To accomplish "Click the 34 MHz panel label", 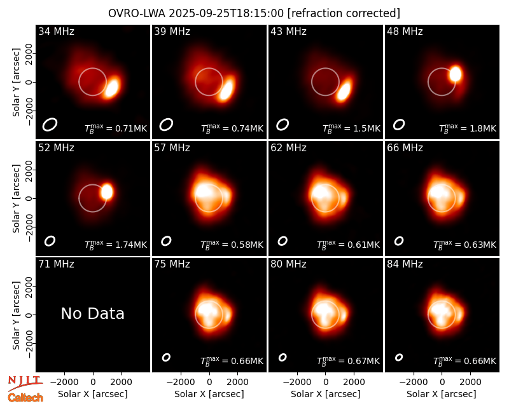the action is pyautogui.click(x=56, y=31).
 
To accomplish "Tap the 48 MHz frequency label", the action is pyautogui.click(x=405, y=31).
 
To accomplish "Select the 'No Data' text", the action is pyautogui.click(x=92, y=313).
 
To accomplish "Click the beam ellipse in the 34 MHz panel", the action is pyautogui.click(x=50, y=125).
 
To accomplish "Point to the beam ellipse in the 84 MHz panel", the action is pyautogui.click(x=399, y=357).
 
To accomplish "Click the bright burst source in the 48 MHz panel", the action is pyautogui.click(x=455, y=74).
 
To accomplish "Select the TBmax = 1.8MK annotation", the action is pyautogui.click(x=468, y=128).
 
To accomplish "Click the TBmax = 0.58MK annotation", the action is pyautogui.click(x=232, y=245).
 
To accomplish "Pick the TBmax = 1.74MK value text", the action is pyautogui.click(x=116, y=245).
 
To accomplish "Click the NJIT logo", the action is pyautogui.click(x=25, y=383).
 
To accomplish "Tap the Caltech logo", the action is pyautogui.click(x=25, y=398).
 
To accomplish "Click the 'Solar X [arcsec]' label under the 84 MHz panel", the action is pyautogui.click(x=442, y=394).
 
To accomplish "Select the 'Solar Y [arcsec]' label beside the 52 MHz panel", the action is pyautogui.click(x=16, y=198).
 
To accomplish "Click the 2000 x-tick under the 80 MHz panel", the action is pyautogui.click(x=354, y=382).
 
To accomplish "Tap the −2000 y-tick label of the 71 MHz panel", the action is pyautogui.click(x=29, y=343).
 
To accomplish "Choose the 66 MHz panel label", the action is pyautogui.click(x=405, y=148).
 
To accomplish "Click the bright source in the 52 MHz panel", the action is pyautogui.click(x=107, y=192).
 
